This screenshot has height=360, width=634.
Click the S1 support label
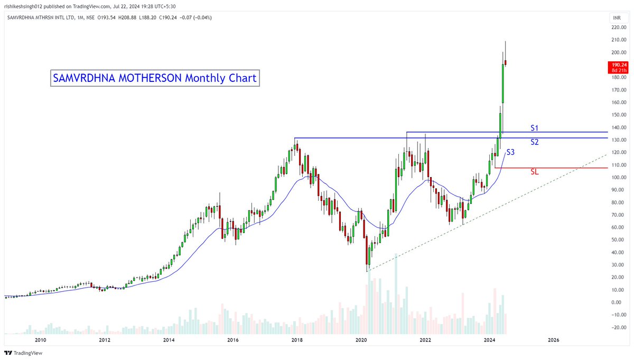pos(534,128)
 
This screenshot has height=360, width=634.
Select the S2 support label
pos(534,142)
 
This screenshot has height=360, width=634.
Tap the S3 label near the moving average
pos(510,152)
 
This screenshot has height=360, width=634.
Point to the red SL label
pos(534,172)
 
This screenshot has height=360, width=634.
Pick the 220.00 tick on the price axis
pos(616,27)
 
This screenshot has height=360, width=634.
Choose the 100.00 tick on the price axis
pos(616,178)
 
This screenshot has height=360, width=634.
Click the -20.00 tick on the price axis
pos(616,328)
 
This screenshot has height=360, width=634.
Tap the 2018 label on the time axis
pos(297,340)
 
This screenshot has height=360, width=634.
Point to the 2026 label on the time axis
pos(554,340)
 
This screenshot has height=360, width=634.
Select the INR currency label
pos(616,17)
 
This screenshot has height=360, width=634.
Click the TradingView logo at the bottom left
pos(23,353)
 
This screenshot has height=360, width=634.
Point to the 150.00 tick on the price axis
pos(616,115)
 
